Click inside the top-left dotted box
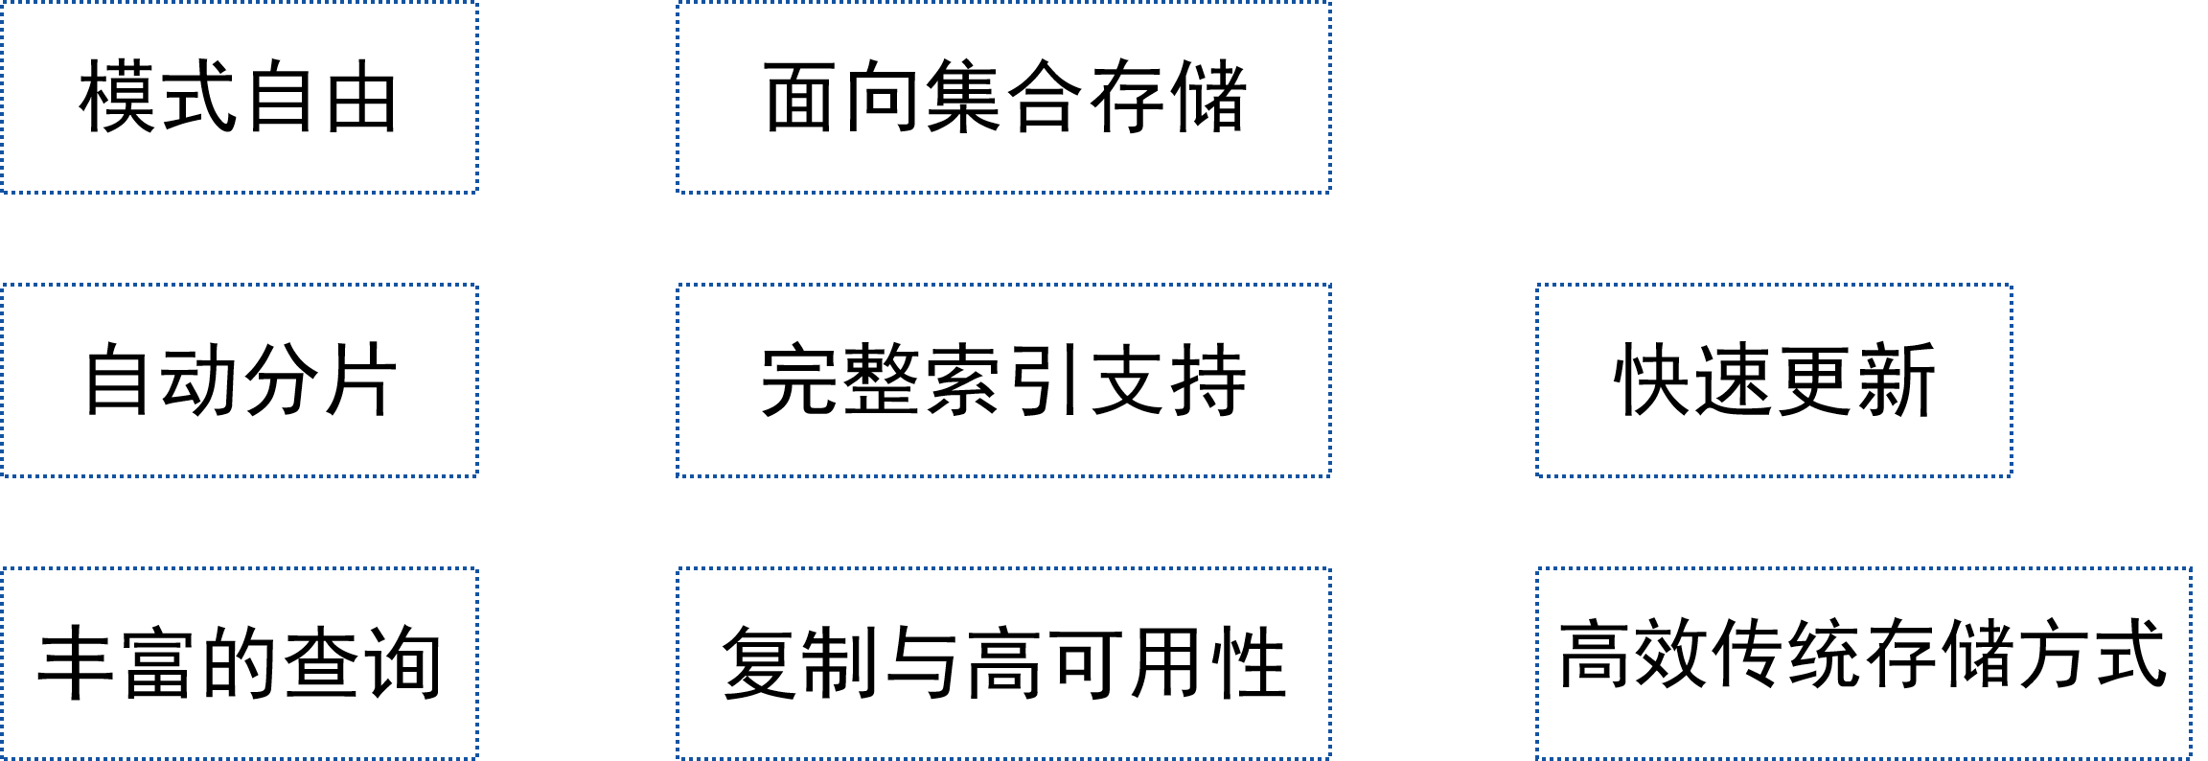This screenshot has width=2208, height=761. point(239,97)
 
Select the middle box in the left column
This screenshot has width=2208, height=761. point(239,380)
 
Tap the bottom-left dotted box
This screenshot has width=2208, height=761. point(239,663)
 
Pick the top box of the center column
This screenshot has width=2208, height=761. point(1003,97)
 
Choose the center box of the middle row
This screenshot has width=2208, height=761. point(1003,380)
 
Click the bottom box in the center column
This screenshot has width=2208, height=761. point(1003,663)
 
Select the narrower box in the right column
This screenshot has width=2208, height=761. point(1774,380)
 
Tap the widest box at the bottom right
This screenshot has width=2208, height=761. point(1864,663)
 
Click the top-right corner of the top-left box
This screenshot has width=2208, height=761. point(477,2)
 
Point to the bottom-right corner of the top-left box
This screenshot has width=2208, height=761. point(477,193)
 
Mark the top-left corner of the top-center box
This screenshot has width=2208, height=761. point(678,2)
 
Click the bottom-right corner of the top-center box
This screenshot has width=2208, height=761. point(1330,193)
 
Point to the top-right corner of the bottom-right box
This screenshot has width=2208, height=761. point(2191,568)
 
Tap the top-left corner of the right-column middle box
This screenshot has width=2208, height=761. point(1537,285)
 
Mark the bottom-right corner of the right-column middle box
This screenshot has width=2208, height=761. point(2012,475)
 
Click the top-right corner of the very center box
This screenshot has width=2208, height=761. point(1330,285)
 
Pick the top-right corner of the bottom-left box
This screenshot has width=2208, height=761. point(477,568)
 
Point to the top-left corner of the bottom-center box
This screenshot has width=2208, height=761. point(678,568)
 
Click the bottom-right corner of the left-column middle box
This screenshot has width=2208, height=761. point(477,475)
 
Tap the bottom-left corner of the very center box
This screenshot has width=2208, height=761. point(678,475)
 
